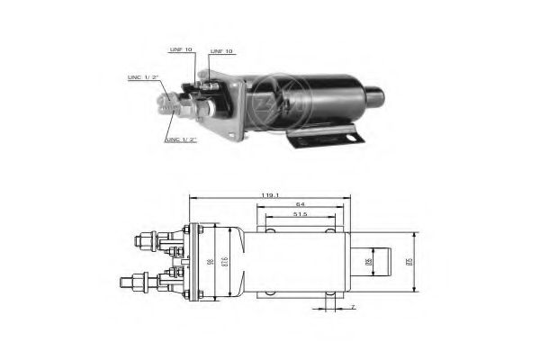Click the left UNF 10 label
(x=182, y=49)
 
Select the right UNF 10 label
(x=220, y=52)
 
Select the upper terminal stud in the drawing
(x=145, y=240)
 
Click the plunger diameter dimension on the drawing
(x=368, y=262)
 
